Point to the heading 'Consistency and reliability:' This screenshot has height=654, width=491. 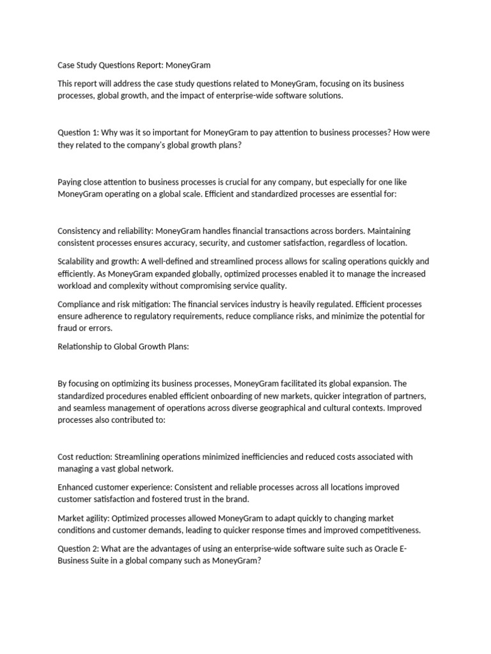coord(105,231)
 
